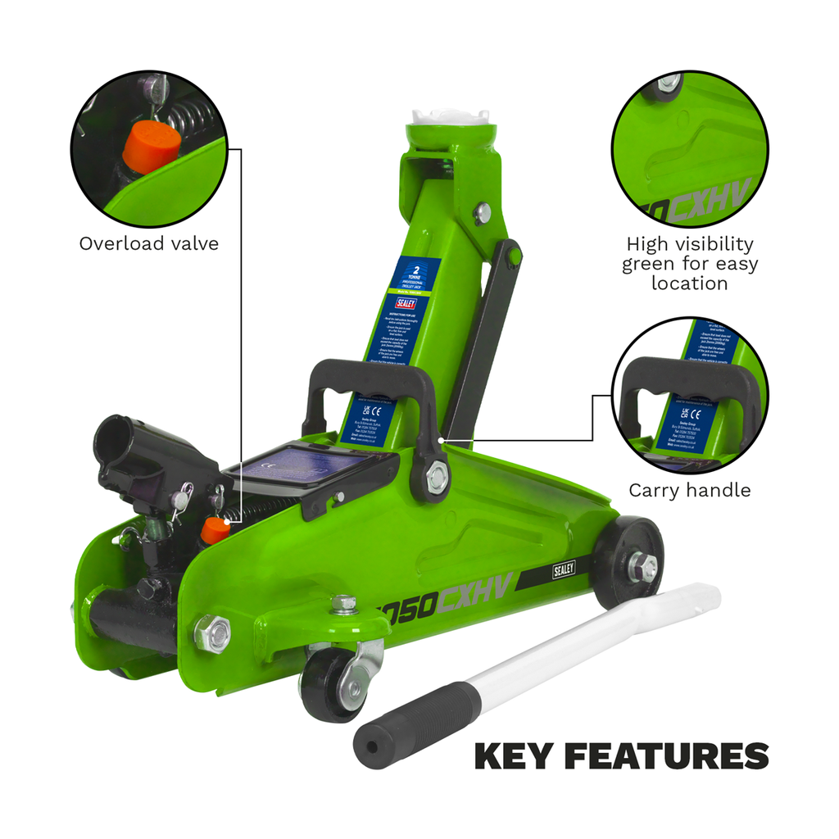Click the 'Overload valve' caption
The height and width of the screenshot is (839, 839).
(x=149, y=243)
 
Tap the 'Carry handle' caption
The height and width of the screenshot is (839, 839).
(x=689, y=490)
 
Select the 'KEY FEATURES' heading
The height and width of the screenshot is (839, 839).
(x=621, y=755)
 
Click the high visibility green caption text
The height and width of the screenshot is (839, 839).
(x=689, y=263)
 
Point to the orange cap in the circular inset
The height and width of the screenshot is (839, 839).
(x=152, y=142)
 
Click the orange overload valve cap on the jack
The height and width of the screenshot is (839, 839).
(x=215, y=530)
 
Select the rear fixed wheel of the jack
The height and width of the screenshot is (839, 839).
(x=627, y=562)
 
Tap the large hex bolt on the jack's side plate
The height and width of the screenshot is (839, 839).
(x=212, y=633)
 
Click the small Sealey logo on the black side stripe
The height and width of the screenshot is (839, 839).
(x=563, y=569)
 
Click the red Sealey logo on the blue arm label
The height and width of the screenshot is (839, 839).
(x=406, y=302)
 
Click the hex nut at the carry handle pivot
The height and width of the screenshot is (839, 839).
(x=438, y=477)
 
